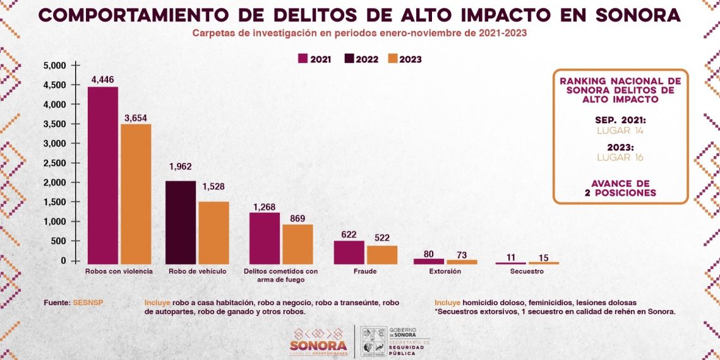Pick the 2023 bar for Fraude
(x=382, y=255)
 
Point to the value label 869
(x=297, y=219)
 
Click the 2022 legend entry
(x=361, y=59)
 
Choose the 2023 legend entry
(x=404, y=59)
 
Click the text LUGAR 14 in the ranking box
(x=620, y=130)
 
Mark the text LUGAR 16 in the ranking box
(x=620, y=157)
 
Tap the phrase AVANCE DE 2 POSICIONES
(x=620, y=188)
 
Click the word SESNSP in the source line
(x=88, y=303)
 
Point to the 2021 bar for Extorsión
(x=429, y=261)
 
